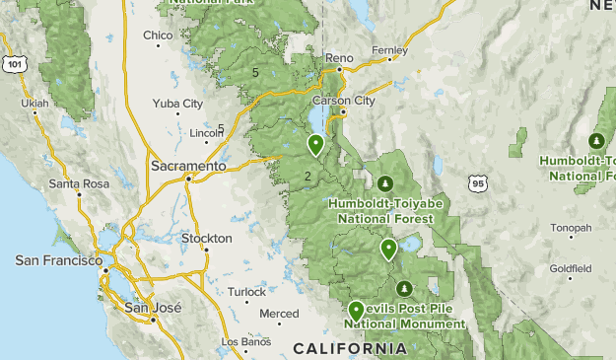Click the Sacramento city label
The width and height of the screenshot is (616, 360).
coord(188,167)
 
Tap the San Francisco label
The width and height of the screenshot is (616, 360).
coord(58,260)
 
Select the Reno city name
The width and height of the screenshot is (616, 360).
coord(338,58)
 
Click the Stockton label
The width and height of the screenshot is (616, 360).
coord(207,239)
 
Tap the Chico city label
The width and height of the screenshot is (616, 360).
coord(158,36)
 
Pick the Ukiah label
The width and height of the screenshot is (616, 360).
coord(34,102)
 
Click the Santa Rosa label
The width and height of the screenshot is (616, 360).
coord(79,183)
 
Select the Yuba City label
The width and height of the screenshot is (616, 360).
coord(177,104)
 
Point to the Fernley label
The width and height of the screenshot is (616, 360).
coord(389,50)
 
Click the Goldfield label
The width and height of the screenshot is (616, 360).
coord(571,267)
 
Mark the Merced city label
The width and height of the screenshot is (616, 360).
coord(279,314)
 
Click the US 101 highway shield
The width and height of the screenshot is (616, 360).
coord(14,64)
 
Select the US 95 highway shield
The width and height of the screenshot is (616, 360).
coord(478,183)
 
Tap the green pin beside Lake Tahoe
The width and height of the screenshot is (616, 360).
coord(315,145)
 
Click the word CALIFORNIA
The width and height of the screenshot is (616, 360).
coord(349,349)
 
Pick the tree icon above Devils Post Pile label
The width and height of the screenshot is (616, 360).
coord(404,289)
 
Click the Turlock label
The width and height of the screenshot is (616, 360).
coord(246,292)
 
